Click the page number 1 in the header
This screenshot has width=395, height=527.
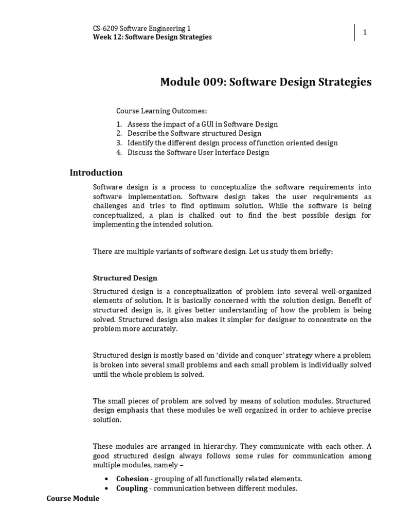365,32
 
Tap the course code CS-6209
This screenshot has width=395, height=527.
105,29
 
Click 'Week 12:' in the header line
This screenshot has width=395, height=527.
106,37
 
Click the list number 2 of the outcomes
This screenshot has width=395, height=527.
119,133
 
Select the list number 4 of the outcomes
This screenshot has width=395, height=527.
119,152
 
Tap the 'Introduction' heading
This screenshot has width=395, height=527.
96,173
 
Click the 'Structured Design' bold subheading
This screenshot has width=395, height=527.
125,278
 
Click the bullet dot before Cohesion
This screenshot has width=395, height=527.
106,479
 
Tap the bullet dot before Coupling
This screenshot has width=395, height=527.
106,488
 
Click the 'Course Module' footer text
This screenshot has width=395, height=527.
73,499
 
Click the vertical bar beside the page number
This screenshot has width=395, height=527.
354,32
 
